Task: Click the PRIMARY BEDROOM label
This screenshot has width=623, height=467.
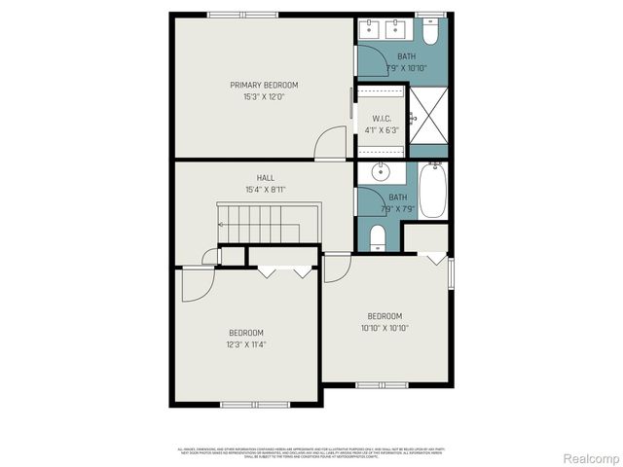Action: (x=264, y=86)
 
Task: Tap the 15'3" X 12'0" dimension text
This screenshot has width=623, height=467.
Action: (x=264, y=97)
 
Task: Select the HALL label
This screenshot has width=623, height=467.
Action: (x=265, y=178)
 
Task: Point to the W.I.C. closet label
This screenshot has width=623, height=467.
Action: (x=381, y=118)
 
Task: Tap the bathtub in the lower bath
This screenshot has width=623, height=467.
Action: (x=433, y=191)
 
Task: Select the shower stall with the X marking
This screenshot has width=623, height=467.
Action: (x=427, y=121)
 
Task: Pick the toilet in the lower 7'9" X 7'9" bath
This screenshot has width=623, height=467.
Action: (x=378, y=235)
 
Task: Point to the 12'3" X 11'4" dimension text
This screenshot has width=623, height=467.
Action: (x=246, y=343)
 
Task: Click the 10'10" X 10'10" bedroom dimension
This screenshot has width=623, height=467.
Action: (x=385, y=328)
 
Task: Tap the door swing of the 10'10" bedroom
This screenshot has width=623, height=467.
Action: (x=337, y=268)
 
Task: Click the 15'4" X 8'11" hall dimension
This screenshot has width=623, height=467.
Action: (x=265, y=190)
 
